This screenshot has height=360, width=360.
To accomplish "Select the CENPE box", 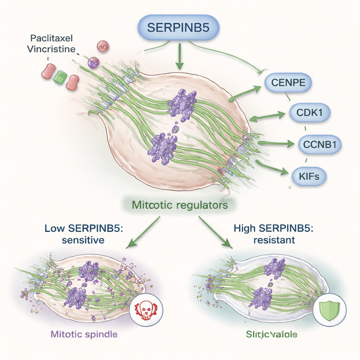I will click(x=288, y=83).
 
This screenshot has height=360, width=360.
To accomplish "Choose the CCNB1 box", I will click(x=320, y=144).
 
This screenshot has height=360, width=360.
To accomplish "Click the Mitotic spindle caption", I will click(x=84, y=334).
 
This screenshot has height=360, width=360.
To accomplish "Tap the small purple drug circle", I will click(x=93, y=63).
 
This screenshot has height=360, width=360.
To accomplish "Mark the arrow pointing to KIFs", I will click(x=272, y=167).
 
